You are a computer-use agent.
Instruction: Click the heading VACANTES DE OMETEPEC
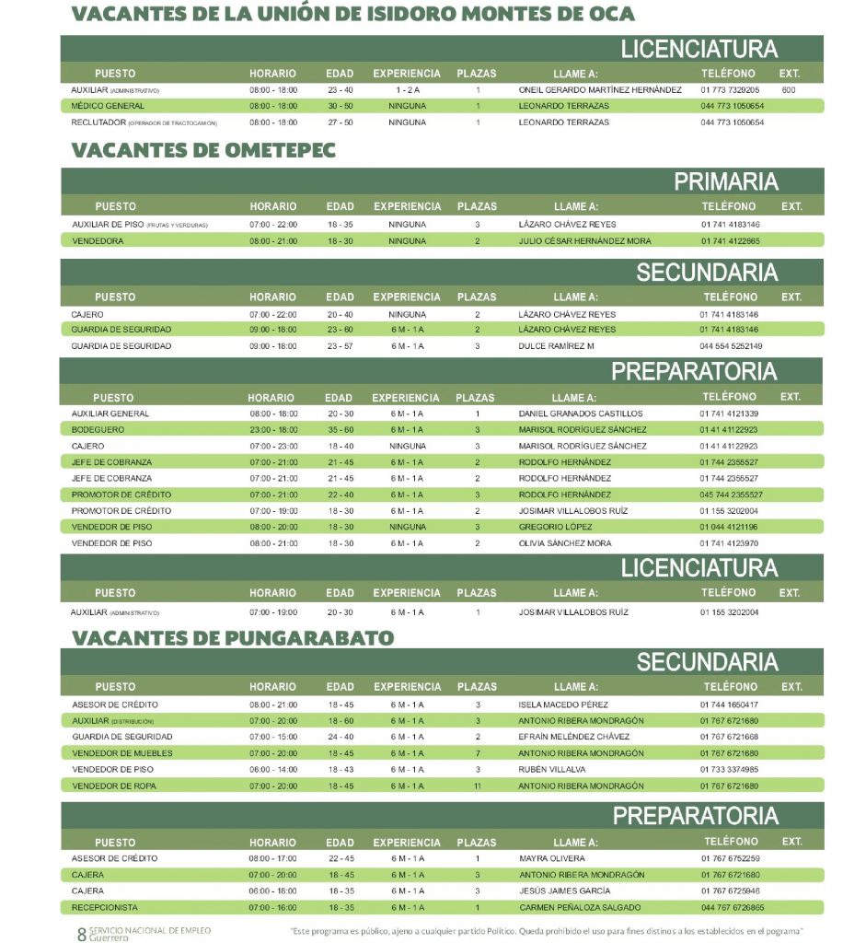pyautogui.click(x=203, y=150)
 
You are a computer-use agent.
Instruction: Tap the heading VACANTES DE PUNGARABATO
pyautogui.click(x=233, y=637)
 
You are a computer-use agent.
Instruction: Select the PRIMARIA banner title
pyautogui.click(x=725, y=181)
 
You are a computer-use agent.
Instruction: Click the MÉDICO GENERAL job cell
pyautogui.click(x=108, y=106)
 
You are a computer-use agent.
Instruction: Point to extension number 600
pyautogui.click(x=788, y=90)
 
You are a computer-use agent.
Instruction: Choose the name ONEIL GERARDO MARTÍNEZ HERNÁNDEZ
pyautogui.click(x=600, y=90)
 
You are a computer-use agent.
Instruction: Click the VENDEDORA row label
pyautogui.click(x=98, y=241)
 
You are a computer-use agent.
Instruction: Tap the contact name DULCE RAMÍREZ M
pyautogui.click(x=557, y=346)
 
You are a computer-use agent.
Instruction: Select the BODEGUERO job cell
pyautogui.click(x=98, y=430)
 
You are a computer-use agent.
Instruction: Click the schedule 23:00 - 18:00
pyautogui.click(x=272, y=430)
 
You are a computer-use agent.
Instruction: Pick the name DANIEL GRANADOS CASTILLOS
pyautogui.click(x=581, y=413)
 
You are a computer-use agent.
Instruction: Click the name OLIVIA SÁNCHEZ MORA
pyautogui.click(x=565, y=543)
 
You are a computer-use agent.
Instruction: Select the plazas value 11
pyautogui.click(x=477, y=786)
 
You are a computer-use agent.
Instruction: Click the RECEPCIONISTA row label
pyautogui.click(x=104, y=907)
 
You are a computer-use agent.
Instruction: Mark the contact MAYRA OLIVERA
pyautogui.click(x=552, y=858)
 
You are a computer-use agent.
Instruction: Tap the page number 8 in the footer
pyautogui.click(x=81, y=934)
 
